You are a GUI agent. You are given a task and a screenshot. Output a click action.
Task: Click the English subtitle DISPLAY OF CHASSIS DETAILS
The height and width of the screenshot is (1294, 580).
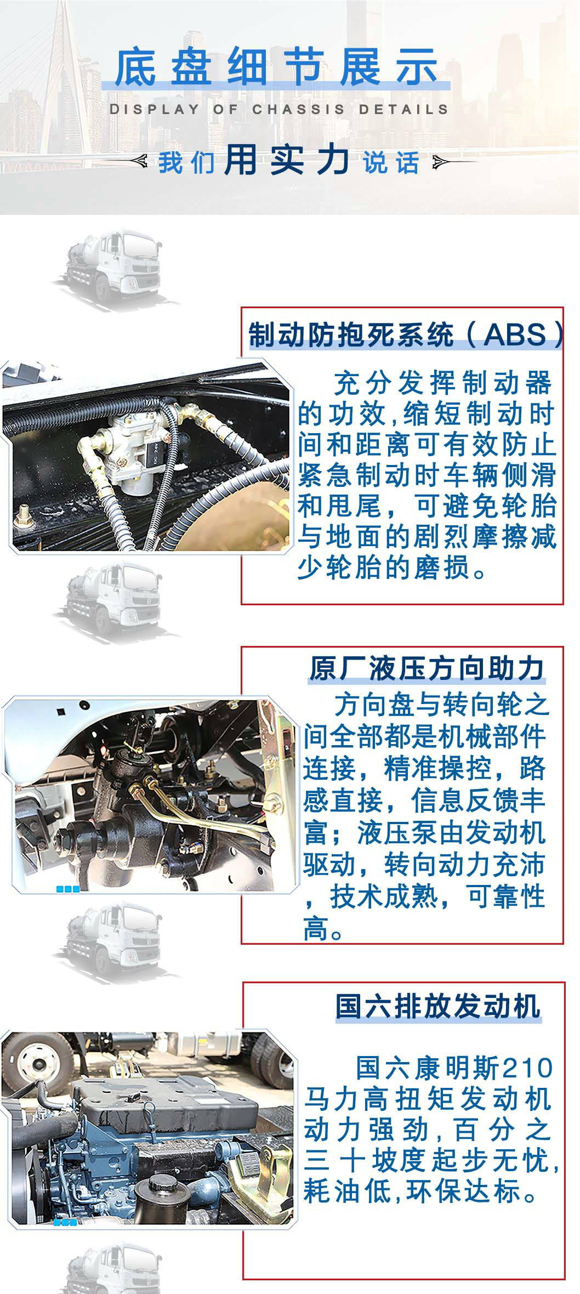coord(279,109)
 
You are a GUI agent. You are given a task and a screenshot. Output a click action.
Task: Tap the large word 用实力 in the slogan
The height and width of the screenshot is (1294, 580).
coord(287,161)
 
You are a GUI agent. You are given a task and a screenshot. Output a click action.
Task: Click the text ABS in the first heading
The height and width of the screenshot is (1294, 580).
coord(515,334)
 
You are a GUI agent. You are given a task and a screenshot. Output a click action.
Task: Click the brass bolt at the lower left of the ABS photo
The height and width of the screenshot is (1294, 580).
coord(25,515)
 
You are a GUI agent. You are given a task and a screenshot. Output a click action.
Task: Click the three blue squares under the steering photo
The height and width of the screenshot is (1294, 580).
coord(68,889)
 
